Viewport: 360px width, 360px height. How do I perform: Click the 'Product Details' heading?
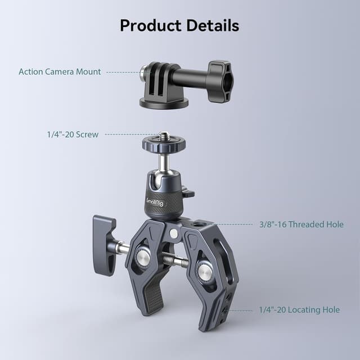pos(179,25)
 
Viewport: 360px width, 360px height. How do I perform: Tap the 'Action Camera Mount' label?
pos(60,72)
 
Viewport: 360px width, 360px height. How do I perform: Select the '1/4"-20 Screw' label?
pos(73,134)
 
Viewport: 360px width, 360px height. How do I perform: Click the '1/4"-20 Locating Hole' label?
pos(299,310)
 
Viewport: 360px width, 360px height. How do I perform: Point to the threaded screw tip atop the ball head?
pos(164,136)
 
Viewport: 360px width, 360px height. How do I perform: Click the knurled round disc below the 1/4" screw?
pos(163,146)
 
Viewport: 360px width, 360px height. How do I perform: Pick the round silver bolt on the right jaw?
pos(204,272)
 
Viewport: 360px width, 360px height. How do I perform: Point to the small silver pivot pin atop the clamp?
pos(174,233)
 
